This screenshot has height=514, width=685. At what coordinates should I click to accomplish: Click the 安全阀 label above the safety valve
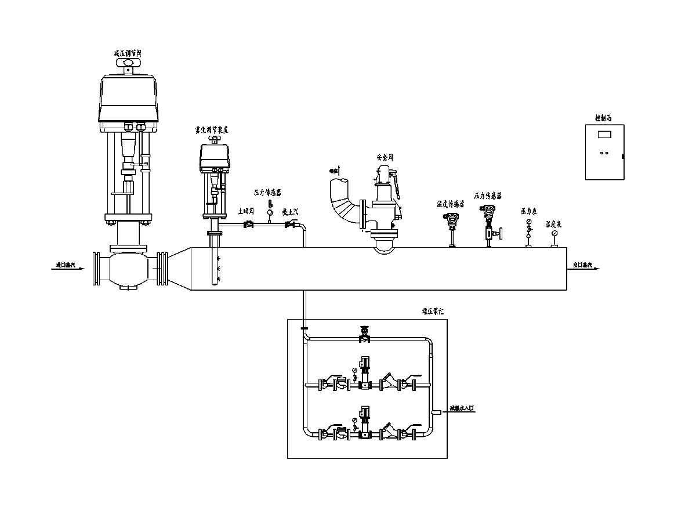[x=385, y=157]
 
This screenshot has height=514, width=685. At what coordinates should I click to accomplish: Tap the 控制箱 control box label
[x=603, y=118]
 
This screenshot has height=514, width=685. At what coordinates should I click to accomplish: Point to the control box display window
[x=604, y=135]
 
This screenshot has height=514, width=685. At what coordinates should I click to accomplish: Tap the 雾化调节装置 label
[x=215, y=131]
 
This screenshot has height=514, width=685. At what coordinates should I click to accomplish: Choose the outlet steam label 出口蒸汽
[x=582, y=265]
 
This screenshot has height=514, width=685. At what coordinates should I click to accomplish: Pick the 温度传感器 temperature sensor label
[x=451, y=204]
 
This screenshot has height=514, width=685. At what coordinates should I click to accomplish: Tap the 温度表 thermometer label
[x=554, y=223]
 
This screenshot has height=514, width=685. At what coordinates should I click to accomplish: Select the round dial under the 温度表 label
[x=555, y=233]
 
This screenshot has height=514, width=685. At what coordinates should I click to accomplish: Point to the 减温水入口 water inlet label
[x=462, y=408]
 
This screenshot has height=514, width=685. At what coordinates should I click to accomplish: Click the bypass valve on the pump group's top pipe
[x=364, y=335]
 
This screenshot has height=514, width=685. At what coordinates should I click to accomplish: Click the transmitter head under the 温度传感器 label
[x=451, y=219]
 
